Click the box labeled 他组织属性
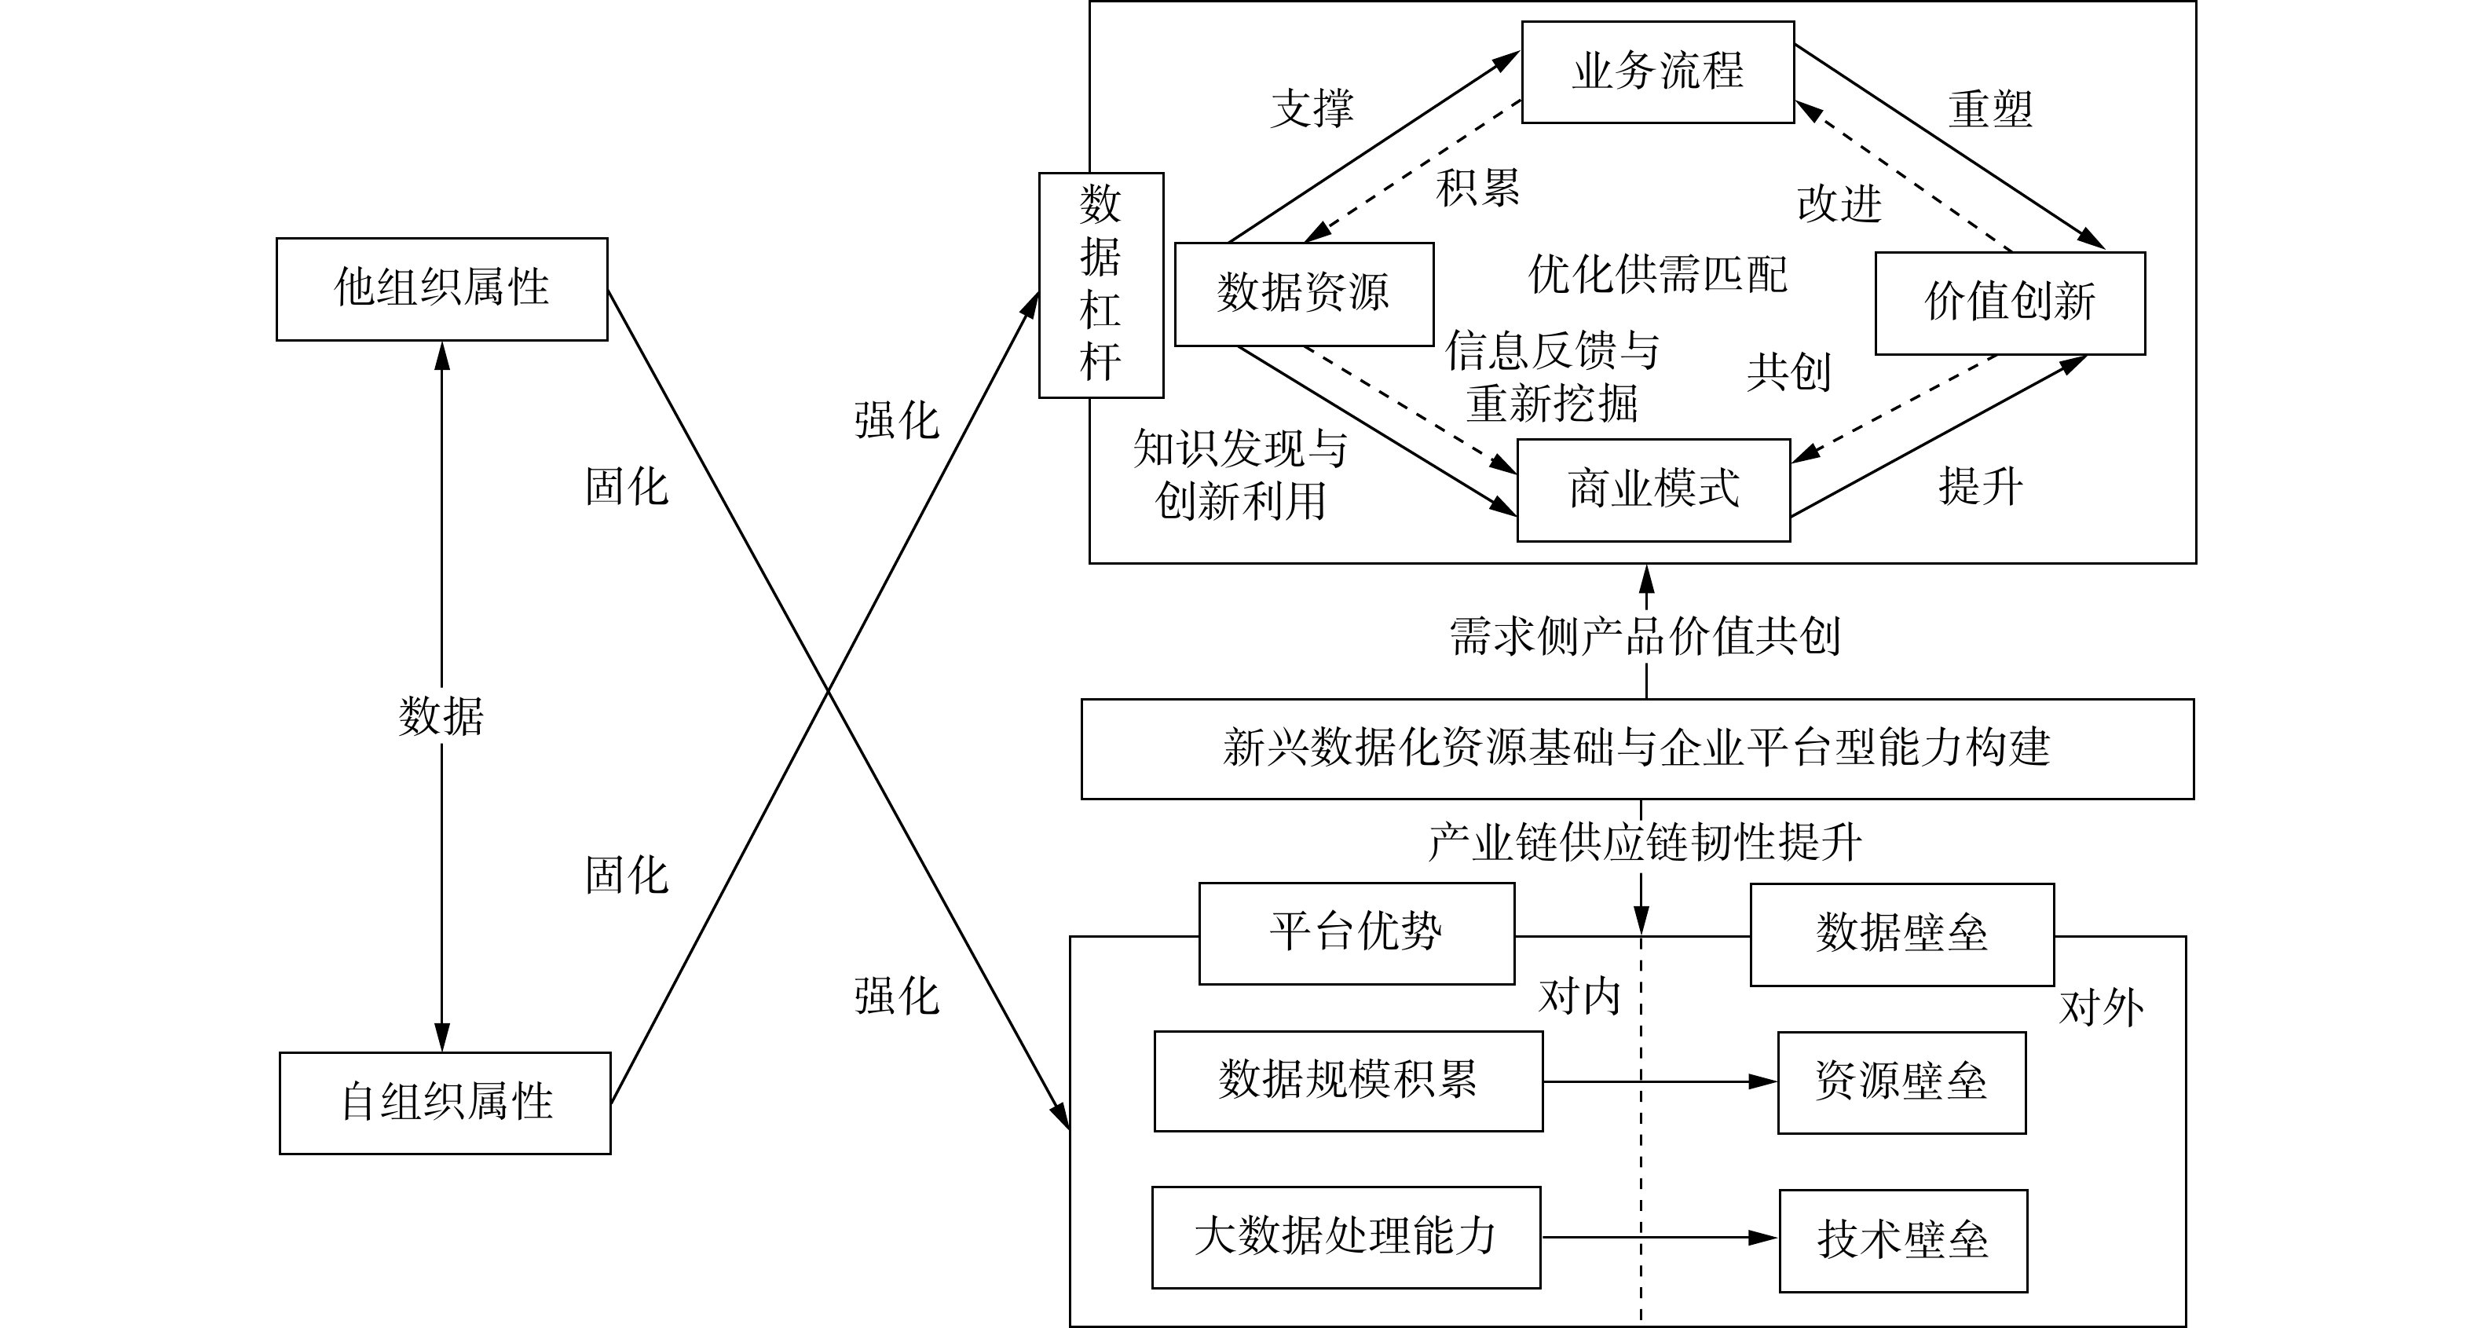[441, 289]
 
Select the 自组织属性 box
[445, 1103]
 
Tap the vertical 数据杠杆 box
[1100, 285]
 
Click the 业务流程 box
[1658, 72]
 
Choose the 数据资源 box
[1305, 294]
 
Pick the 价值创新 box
[2009, 303]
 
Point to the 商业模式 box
[1652, 490]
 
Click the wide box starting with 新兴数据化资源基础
[1637, 749]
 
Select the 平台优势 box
[1356, 933]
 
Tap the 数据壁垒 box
[1901, 935]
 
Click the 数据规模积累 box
[1348, 1081]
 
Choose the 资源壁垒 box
[1901, 1083]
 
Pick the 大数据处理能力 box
[1345, 1238]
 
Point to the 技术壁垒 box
[1902, 1241]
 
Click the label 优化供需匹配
[1658, 276]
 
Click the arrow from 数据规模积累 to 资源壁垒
[1660, 1082]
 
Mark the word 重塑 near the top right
[1990, 109]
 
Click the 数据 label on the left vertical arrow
[441, 716]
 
